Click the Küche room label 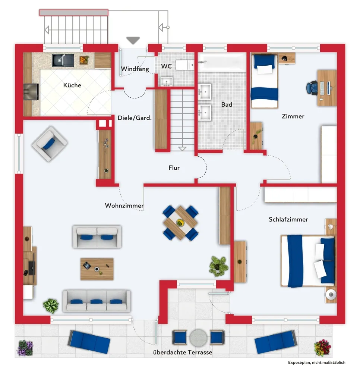(x=72, y=85)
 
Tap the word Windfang (x=135, y=69)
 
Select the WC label (x=166, y=66)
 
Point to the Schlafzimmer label (x=288, y=219)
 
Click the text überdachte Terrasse (x=183, y=352)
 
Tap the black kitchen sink (x=63, y=60)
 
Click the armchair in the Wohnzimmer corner (x=50, y=144)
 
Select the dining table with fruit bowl (x=180, y=223)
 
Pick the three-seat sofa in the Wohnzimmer (x=97, y=301)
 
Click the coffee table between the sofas (x=97, y=269)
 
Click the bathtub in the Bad (x=222, y=62)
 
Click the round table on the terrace (x=198, y=337)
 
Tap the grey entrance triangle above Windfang (x=133, y=40)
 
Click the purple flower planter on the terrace (x=25, y=348)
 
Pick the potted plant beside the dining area (x=218, y=266)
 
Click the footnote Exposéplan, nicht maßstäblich (x=316, y=363)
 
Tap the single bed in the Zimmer (x=265, y=81)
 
